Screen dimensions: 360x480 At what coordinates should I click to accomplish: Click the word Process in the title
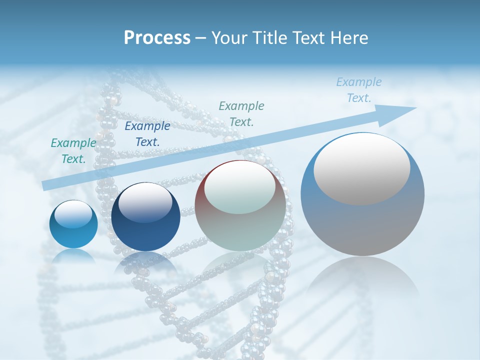click(x=157, y=38)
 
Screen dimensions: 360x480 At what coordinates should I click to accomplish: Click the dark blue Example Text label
click(x=147, y=134)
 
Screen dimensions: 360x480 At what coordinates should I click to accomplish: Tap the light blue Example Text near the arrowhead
click(x=358, y=90)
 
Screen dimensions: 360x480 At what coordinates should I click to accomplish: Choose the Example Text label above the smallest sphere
click(x=73, y=151)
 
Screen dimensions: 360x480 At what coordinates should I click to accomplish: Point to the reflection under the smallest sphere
click(x=73, y=256)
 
